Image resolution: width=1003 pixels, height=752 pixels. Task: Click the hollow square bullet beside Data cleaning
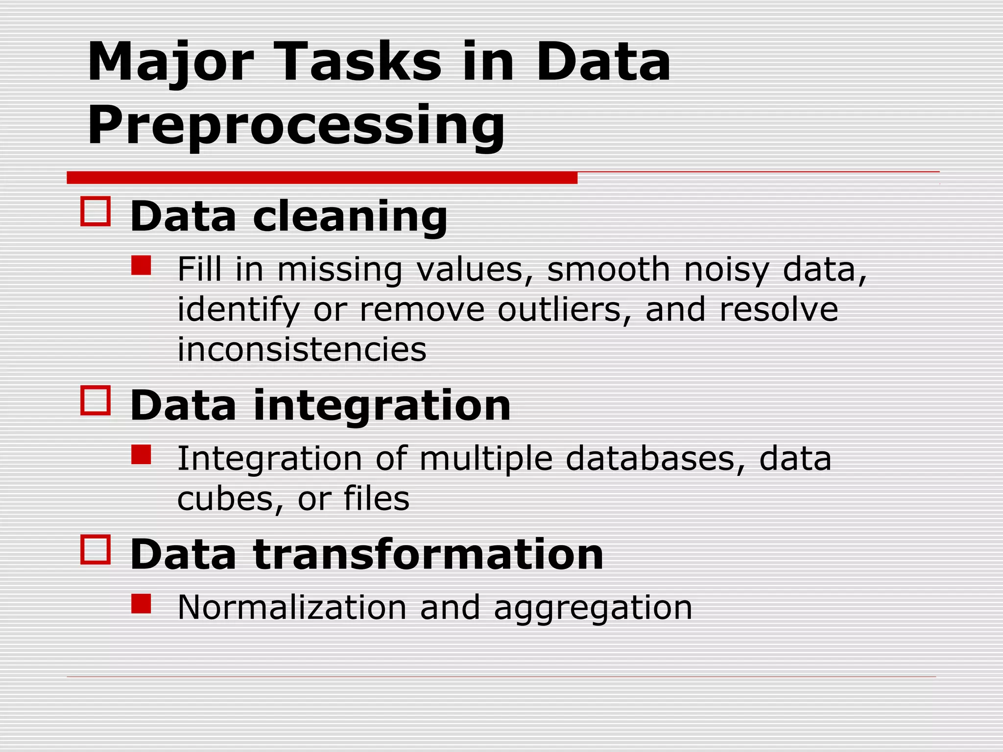click(96, 211)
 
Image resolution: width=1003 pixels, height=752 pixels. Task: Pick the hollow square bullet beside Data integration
click(96, 400)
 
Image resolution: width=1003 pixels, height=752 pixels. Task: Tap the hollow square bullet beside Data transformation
click(96, 549)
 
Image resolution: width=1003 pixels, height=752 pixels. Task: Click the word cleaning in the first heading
click(350, 216)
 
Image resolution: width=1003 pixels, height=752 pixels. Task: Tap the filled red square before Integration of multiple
click(141, 454)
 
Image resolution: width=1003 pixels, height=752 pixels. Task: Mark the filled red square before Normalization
click(141, 604)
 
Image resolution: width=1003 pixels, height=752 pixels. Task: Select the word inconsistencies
click(302, 350)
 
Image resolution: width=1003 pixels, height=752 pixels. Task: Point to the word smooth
click(608, 269)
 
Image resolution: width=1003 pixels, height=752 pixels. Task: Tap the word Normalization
click(292, 608)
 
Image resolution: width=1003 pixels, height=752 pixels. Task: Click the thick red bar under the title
click(322, 178)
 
